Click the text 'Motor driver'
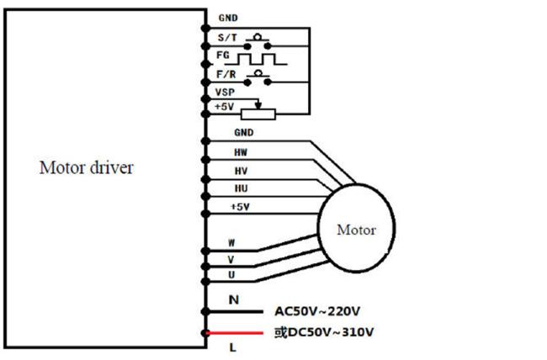tap(86, 167)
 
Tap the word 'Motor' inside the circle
tap(356, 229)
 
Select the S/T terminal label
tap(227, 38)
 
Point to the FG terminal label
tap(224, 56)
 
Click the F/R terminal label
tap(227, 74)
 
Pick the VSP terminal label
tap(226, 92)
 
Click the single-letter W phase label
tap(231, 243)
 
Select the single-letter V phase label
tap(231, 259)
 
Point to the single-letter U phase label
tap(231, 275)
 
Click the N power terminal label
tap(233, 299)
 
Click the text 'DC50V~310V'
tap(331, 331)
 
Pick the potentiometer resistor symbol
tap(258, 114)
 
